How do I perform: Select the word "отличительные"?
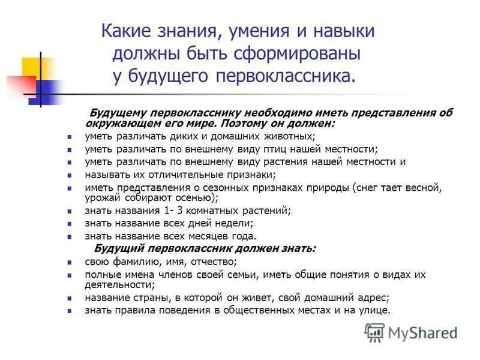pos(177,175)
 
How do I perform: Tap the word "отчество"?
pos(212,262)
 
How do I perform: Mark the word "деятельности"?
pos(119,284)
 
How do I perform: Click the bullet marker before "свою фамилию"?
pos(70,262)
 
